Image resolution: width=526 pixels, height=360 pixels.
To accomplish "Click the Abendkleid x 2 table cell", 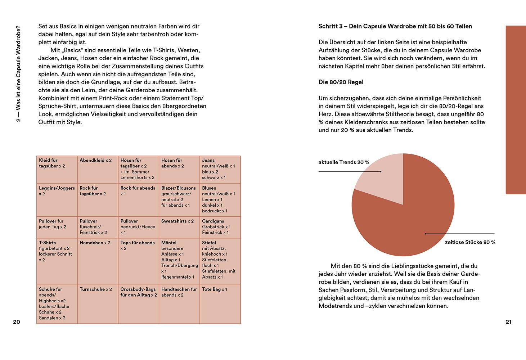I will tap(98, 170).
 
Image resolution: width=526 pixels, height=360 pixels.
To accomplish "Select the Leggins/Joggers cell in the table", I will tap(57, 200).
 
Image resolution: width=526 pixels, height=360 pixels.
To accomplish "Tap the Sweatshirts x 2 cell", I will tap(179, 227).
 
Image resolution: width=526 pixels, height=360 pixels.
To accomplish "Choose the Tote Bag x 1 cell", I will tap(220, 304).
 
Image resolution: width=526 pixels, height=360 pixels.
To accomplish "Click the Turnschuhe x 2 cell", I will tap(98, 304).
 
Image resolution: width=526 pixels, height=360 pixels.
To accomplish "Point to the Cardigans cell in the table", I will tap(220, 227).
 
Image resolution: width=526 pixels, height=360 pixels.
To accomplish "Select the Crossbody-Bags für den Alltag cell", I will tap(138, 304).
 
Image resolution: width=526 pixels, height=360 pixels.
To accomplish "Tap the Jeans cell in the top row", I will tap(220, 170).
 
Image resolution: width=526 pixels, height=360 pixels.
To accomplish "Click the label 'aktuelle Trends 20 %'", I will tap(344, 162).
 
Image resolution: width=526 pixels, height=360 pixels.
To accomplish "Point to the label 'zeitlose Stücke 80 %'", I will tap(470, 242).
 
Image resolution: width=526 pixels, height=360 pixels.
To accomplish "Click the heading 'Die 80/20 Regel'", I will tap(341, 82).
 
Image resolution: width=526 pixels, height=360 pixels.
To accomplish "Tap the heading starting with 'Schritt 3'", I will tap(395, 26).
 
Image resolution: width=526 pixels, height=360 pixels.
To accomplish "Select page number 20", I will tap(17, 322).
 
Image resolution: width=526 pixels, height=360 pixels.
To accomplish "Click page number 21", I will tap(508, 322).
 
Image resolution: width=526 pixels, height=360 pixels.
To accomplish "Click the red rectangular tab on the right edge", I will tap(516, 110).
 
